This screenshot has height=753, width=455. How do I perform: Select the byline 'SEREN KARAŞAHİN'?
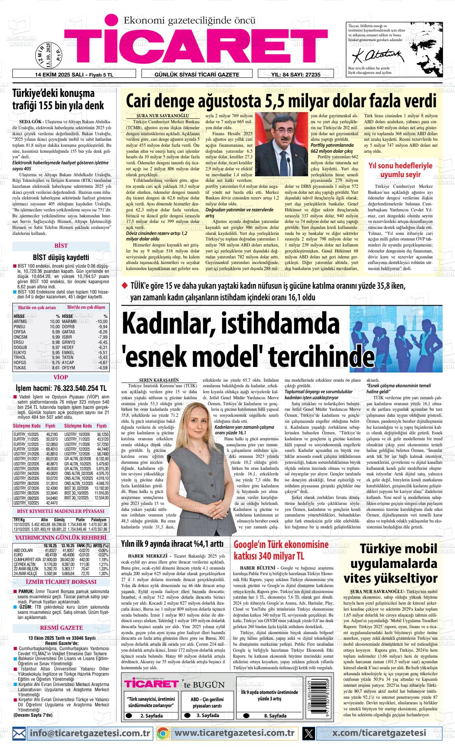tap(159, 380)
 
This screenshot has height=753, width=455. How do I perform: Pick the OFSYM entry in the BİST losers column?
tap(85, 367)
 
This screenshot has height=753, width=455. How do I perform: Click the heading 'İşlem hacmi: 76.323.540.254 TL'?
tap(61, 388)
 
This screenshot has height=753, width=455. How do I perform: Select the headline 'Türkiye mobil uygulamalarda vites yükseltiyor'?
tap(394, 564)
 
